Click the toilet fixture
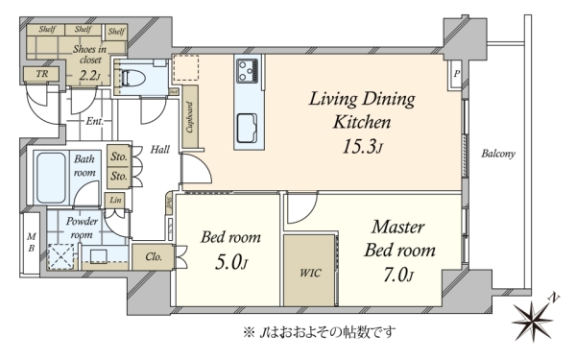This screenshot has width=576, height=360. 132,78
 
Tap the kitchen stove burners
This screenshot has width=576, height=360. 248,70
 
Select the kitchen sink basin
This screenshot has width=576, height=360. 247,128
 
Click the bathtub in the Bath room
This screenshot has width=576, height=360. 52,178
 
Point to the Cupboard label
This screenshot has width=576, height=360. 190,117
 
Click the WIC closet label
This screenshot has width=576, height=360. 310,273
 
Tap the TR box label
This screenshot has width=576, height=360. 42,74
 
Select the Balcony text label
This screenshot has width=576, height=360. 498,154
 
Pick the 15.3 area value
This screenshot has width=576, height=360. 363,147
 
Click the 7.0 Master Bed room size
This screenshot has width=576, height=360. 398,275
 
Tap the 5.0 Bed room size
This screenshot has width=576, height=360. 231,262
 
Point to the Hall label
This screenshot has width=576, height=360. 160,149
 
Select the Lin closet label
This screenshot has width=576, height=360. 115,200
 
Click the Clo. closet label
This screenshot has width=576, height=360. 154,256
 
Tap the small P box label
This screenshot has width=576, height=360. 456,74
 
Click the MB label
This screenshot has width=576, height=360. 32,243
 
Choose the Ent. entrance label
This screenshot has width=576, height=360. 94,121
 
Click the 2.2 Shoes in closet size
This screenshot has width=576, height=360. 89,75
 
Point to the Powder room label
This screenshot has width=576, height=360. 82,228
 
